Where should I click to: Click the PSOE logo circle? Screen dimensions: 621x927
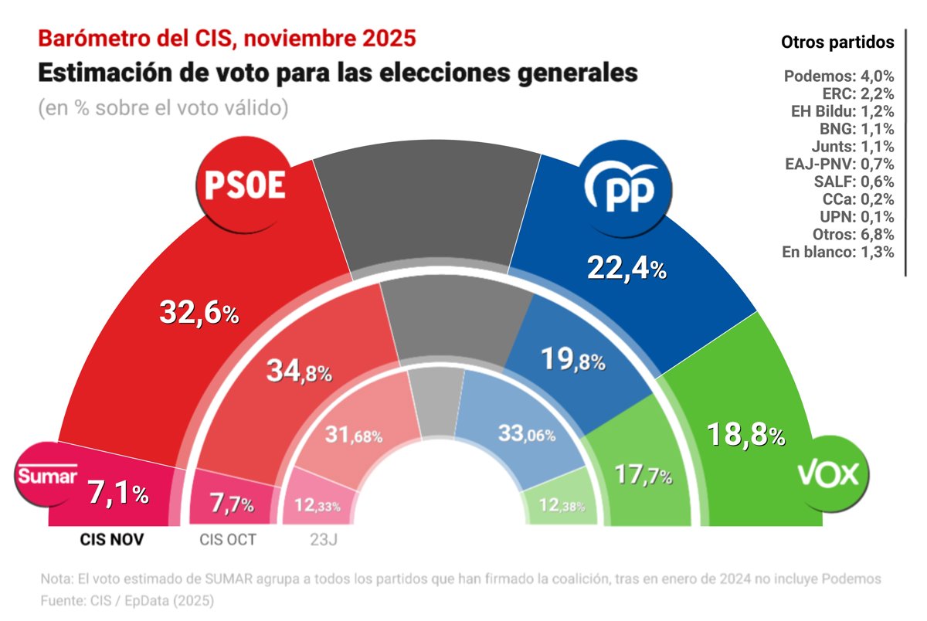[244, 186]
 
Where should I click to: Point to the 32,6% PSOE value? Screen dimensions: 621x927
[199, 313]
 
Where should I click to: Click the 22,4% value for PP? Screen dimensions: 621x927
[626, 268]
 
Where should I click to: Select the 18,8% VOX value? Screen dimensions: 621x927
[746, 436]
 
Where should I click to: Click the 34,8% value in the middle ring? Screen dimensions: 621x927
[299, 372]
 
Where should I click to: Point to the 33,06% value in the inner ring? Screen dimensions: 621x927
[527, 434]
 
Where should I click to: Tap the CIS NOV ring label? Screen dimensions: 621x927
[112, 540]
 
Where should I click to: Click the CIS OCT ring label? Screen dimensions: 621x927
[227, 540]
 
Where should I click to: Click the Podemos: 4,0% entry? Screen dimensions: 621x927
[839, 76]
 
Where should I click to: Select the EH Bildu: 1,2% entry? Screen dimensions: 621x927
[839, 111]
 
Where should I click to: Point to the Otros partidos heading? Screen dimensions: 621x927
[838, 42]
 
